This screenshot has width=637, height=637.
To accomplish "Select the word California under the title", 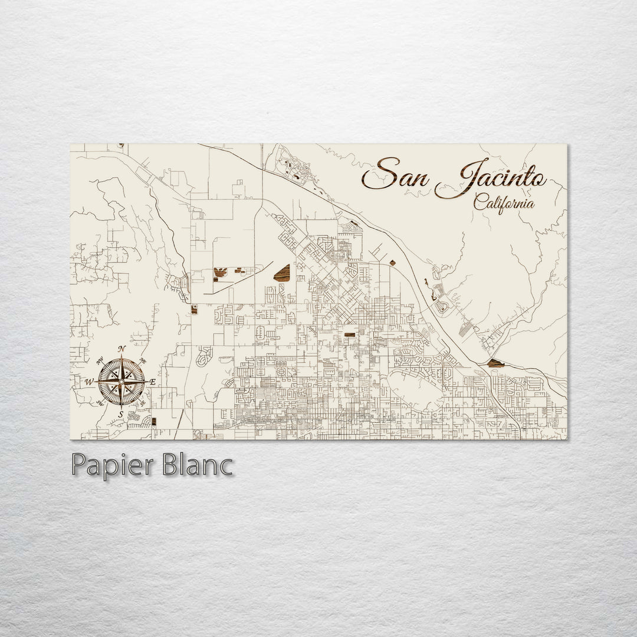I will [x=504, y=203].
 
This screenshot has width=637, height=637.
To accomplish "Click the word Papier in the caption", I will [x=109, y=465].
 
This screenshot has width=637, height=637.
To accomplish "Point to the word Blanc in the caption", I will [x=192, y=465].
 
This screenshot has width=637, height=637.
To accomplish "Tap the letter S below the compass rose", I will [x=121, y=415].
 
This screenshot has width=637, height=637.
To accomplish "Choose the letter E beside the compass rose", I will [x=152, y=382].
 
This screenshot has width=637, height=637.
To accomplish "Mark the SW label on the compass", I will [x=99, y=403].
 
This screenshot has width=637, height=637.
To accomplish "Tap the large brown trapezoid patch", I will [x=283, y=272].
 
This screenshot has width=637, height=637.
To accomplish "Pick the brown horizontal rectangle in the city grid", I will [x=350, y=334].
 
